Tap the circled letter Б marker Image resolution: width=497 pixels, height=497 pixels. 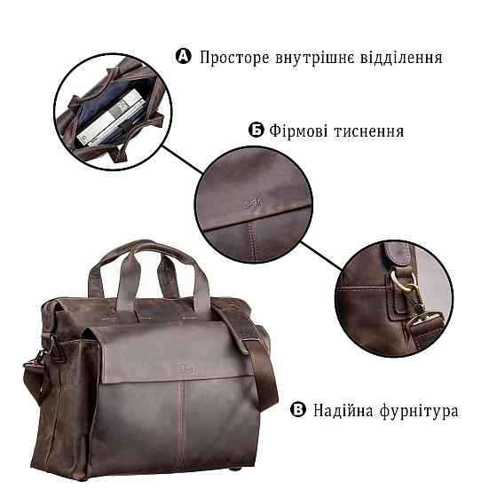coord(256,130)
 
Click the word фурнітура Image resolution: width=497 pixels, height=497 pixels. coord(421,412)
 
